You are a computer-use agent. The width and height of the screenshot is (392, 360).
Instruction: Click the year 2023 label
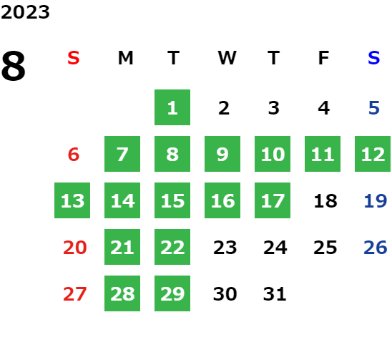click(25, 12)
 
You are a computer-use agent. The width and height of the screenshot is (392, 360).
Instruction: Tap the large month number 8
click(14, 66)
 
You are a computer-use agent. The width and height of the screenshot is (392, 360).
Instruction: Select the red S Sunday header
click(74, 58)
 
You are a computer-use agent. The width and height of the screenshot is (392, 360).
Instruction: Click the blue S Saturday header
click(373, 58)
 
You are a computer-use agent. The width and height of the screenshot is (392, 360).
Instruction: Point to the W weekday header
click(227, 58)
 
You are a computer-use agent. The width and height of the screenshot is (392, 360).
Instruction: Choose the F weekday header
click(323, 58)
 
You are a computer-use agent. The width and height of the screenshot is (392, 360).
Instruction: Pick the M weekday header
click(125, 58)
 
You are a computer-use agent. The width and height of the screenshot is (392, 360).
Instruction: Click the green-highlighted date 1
click(172, 107)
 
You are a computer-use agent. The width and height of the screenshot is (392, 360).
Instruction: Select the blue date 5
click(374, 108)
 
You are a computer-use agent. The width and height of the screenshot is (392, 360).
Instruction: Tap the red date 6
click(74, 154)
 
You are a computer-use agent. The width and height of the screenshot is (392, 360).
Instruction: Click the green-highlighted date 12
click(373, 154)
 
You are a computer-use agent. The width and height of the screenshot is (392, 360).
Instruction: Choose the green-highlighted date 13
click(72, 200)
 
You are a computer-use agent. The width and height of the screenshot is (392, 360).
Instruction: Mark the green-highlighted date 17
click(273, 200)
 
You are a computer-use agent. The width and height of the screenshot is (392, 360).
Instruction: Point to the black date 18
click(325, 201)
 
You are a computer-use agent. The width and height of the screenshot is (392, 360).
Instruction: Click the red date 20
click(74, 248)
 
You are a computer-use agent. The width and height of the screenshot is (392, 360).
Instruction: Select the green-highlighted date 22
click(172, 247)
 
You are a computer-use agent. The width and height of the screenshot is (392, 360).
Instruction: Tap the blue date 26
click(376, 248)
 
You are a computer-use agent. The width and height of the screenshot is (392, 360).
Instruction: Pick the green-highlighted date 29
click(172, 293)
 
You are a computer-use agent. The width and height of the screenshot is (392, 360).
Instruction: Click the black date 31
click(275, 294)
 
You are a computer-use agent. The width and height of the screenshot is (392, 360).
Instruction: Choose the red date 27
click(74, 294)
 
